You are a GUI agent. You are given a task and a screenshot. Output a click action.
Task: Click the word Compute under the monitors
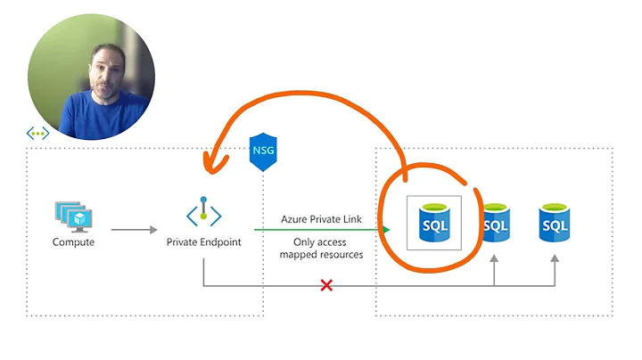73,241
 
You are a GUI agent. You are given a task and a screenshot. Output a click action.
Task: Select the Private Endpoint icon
203,215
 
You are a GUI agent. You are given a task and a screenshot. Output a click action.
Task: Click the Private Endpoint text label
203,241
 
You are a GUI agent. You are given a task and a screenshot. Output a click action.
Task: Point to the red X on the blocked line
327,286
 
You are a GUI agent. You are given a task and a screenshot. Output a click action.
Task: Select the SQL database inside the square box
433,222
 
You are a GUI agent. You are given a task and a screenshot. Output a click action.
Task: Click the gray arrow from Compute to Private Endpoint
134,230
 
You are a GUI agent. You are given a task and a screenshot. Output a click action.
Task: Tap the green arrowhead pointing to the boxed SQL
386,230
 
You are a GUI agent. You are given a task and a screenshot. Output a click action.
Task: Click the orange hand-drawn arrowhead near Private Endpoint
211,161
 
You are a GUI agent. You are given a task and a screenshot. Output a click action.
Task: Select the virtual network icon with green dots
37,134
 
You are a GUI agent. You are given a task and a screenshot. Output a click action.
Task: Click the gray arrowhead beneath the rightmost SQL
554,258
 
